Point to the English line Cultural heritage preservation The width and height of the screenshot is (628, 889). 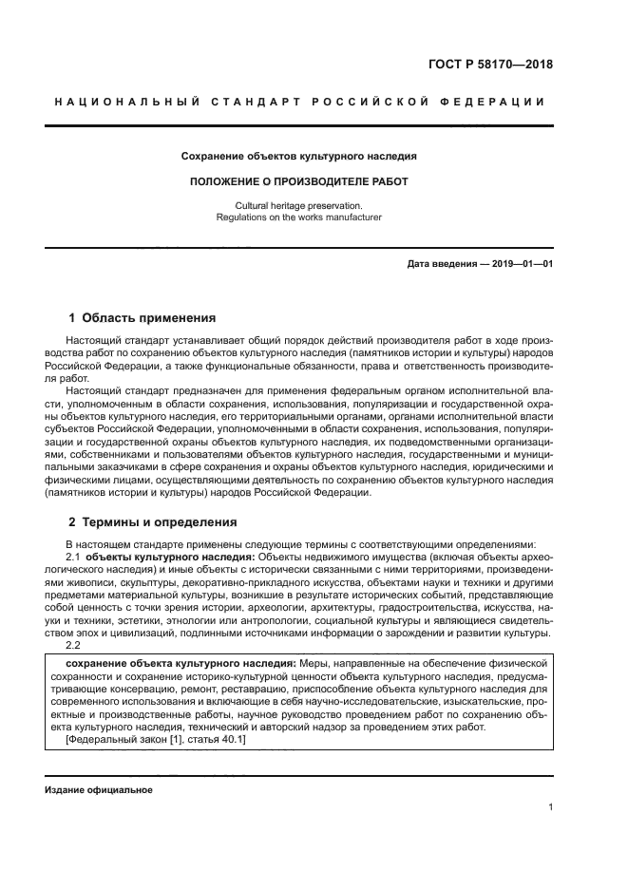click(x=299, y=205)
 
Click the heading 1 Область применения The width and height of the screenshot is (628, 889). click(x=143, y=317)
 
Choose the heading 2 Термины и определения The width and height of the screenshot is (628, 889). click(x=153, y=522)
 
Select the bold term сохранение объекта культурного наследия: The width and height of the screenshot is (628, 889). click(x=180, y=662)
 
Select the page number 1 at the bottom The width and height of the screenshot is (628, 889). click(x=550, y=807)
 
